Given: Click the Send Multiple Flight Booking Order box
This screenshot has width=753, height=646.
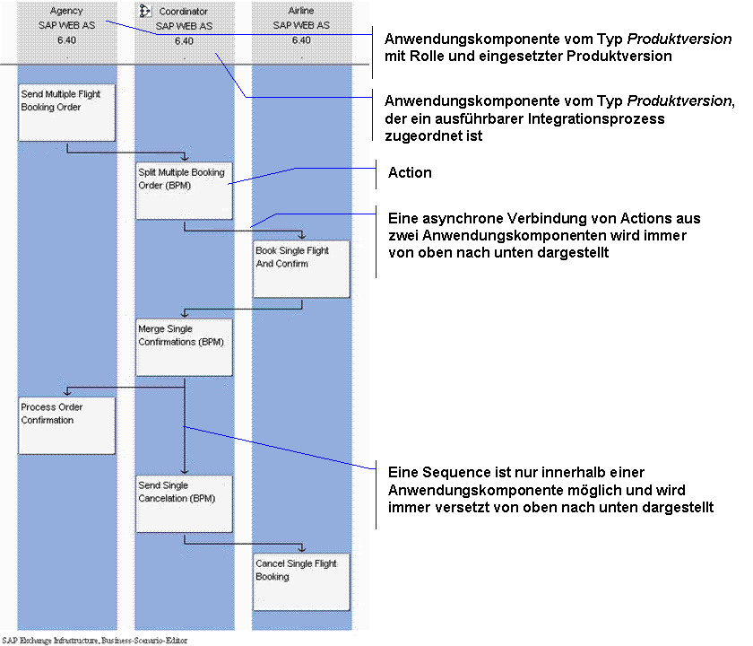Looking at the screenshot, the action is click(x=66, y=113).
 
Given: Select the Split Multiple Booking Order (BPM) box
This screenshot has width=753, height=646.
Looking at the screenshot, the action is click(x=184, y=191).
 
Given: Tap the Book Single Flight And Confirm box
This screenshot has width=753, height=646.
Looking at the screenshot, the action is click(x=301, y=269).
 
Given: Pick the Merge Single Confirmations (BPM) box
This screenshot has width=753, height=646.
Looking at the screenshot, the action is click(x=184, y=347).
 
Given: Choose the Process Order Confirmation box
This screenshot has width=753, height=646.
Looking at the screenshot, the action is click(x=66, y=425).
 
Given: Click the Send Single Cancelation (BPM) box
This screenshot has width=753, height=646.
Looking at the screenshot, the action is click(x=184, y=503).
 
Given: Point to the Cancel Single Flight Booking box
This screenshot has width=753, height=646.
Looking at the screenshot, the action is click(x=301, y=582).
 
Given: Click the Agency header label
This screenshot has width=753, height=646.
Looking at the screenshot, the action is click(x=66, y=11).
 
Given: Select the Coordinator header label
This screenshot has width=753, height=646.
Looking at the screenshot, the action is click(x=184, y=11).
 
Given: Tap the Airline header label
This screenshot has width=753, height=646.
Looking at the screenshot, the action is click(x=301, y=11).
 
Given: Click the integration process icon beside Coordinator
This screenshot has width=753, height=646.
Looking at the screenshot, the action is click(x=145, y=11).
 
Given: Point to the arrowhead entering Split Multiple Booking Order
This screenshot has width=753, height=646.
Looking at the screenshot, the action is click(x=185, y=157).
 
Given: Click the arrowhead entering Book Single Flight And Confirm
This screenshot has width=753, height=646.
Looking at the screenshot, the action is click(x=301, y=235).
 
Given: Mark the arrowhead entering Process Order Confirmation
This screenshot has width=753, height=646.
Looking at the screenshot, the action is click(x=67, y=392).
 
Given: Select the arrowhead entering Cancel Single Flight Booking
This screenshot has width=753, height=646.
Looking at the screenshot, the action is click(x=301, y=548).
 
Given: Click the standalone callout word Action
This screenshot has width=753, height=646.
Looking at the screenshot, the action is click(x=410, y=172).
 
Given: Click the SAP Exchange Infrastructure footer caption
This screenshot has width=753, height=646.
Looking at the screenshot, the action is click(x=95, y=641).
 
